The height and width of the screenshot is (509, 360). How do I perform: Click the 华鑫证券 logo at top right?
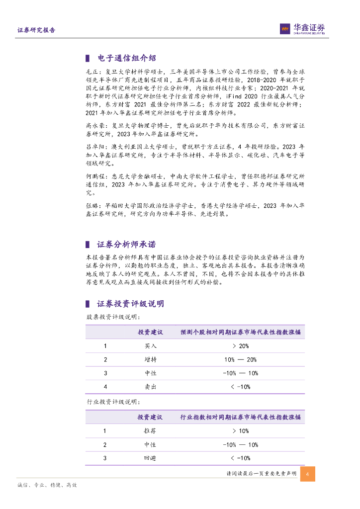(x=302, y=29)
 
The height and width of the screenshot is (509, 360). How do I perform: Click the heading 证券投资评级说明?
(x=130, y=304)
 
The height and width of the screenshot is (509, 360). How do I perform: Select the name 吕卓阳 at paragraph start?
(x=95, y=147)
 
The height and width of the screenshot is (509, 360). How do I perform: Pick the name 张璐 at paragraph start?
(x=92, y=206)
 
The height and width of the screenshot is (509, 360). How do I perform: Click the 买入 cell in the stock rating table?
(x=150, y=346)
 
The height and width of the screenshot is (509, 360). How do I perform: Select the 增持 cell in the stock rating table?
(x=150, y=359)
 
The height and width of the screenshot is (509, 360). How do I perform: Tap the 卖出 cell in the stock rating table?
(x=150, y=387)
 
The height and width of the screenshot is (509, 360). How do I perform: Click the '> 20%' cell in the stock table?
(x=241, y=346)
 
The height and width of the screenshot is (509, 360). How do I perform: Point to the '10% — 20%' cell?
(x=241, y=359)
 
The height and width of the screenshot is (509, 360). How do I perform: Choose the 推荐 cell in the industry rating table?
(x=150, y=431)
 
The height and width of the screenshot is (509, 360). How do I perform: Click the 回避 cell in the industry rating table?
(x=150, y=458)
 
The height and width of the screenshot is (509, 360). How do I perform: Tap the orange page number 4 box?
(x=308, y=474)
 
